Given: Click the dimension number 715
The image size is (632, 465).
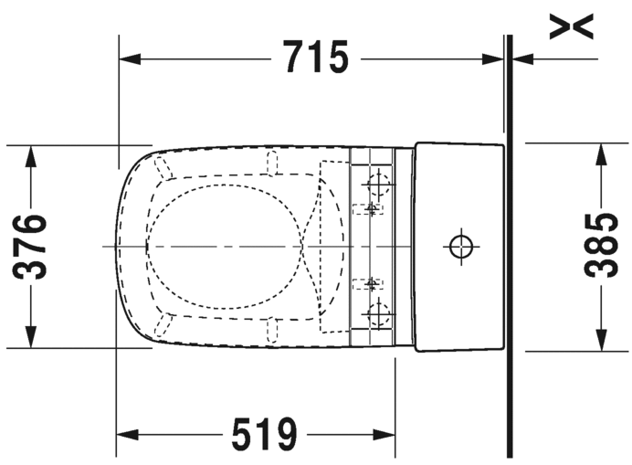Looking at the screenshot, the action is click(315, 57).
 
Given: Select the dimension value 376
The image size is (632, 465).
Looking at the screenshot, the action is click(30, 247).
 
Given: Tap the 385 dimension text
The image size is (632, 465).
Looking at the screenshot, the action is click(601, 246).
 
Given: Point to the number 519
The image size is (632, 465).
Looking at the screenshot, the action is click(265, 434).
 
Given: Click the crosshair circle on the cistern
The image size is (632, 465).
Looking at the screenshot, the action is click(461, 246).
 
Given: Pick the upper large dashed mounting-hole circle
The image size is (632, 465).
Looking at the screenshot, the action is click(379, 184).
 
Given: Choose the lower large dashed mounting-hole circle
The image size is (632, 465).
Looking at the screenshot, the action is click(379, 313).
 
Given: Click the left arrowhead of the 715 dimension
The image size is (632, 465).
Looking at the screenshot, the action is click(130, 58).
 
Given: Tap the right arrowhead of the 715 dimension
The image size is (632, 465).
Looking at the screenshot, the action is click(493, 58).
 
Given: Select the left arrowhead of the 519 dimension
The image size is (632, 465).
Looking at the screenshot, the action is click(127, 435).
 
